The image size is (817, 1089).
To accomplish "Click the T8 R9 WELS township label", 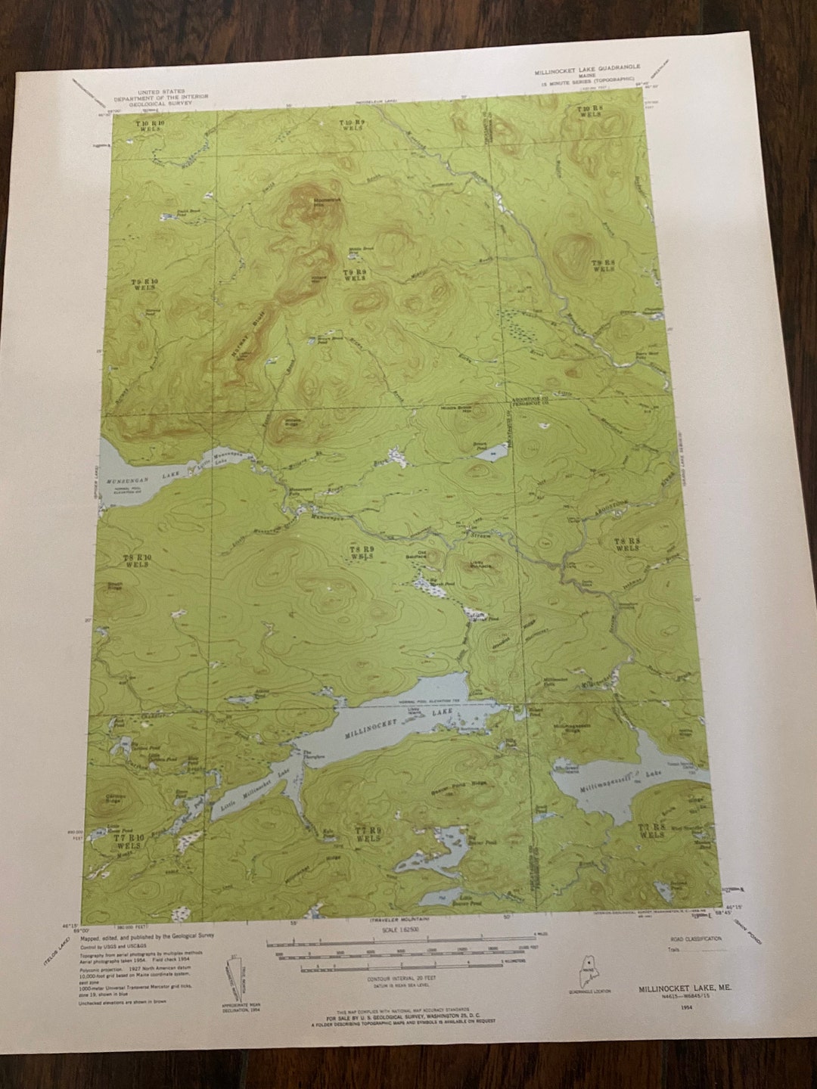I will pyautogui.click(x=362, y=551).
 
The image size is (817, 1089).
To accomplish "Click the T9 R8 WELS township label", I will pyautogui.click(x=603, y=264).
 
